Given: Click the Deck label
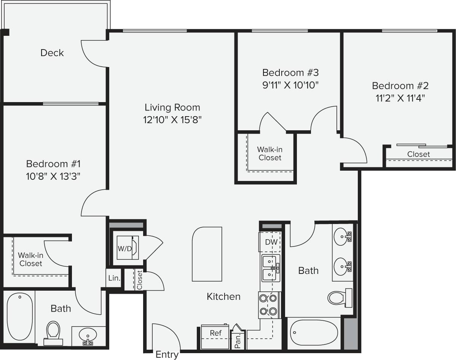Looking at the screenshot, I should [52, 53].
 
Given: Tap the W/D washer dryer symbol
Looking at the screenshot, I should [125, 248].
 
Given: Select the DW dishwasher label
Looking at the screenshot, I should [271, 242].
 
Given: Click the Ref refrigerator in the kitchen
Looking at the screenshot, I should [215, 333].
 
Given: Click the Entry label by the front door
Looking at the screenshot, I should [167, 355].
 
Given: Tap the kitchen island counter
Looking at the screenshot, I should [207, 254].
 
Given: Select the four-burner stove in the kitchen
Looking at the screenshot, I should [269, 305].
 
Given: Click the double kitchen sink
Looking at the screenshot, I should [270, 268].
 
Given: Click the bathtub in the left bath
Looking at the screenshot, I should [20, 316].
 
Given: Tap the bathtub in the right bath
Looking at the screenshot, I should [314, 333].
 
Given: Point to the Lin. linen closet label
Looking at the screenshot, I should [114, 278].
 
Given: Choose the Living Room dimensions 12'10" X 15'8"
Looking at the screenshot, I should [172, 120].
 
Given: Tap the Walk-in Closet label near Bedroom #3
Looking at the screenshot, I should [269, 154].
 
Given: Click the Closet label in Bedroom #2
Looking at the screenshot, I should [418, 154].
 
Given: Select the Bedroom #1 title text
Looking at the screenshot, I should [53, 164].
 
